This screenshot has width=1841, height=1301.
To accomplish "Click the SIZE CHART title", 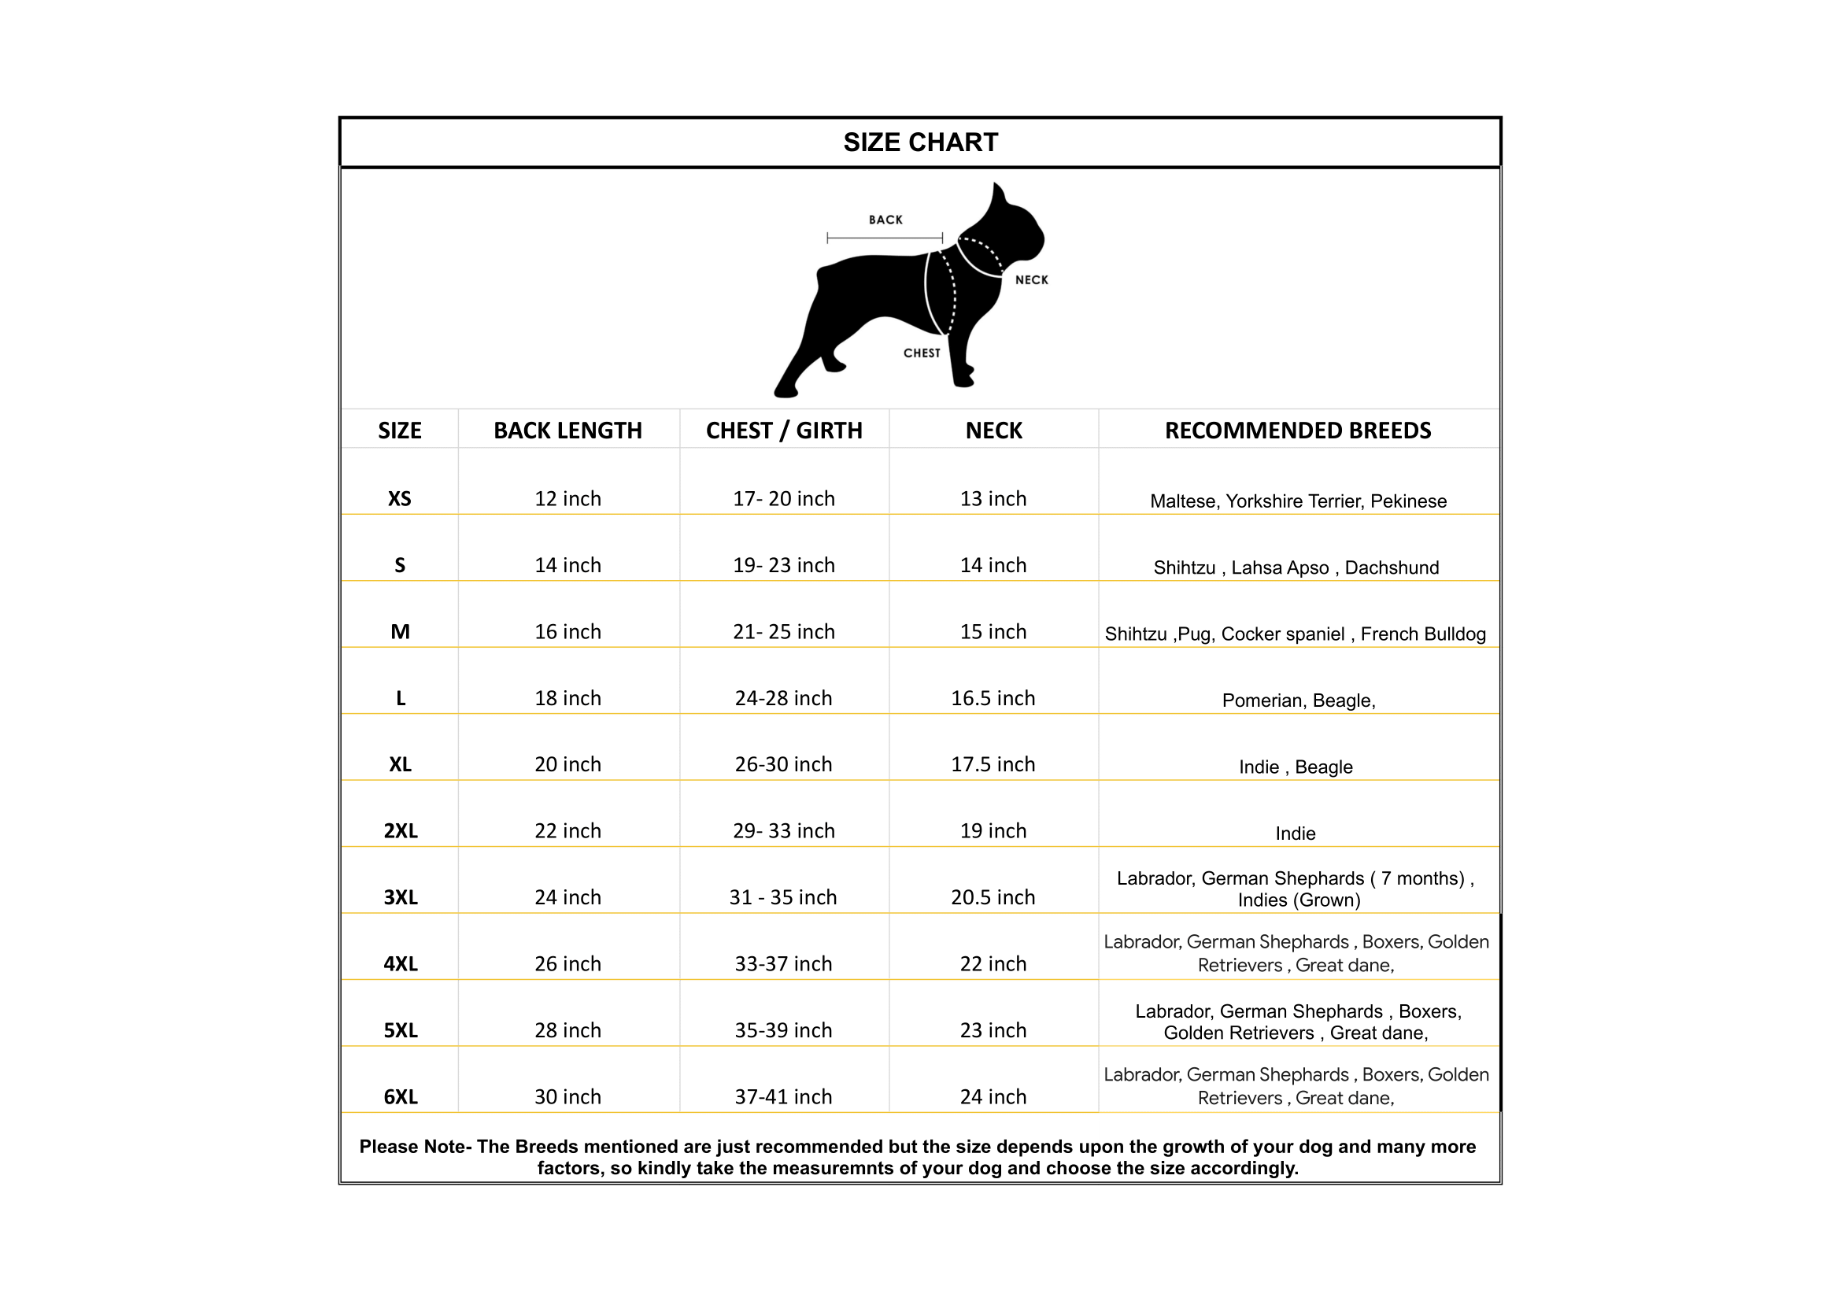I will [x=921, y=142].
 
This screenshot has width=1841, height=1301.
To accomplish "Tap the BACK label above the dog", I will [x=885, y=220].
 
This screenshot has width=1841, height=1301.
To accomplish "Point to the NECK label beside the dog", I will [x=1031, y=279].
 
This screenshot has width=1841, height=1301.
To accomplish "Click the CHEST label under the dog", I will [x=922, y=353].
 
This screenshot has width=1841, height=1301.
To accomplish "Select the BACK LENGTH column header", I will [x=567, y=431].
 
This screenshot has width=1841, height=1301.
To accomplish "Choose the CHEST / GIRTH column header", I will [x=783, y=431].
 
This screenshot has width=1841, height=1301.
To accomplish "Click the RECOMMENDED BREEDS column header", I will [x=1297, y=431].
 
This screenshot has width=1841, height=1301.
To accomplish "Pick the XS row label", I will [x=399, y=498].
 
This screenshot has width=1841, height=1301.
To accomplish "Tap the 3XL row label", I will [x=400, y=897].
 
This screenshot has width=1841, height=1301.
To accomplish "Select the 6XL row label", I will [x=400, y=1096].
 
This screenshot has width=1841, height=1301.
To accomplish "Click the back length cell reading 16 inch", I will [x=567, y=632].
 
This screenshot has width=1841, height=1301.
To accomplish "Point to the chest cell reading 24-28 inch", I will [x=783, y=698].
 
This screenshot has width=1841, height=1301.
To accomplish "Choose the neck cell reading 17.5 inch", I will [x=993, y=764].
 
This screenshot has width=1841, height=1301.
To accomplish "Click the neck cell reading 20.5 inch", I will [x=993, y=897].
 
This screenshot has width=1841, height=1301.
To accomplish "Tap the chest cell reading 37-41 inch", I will [x=783, y=1096].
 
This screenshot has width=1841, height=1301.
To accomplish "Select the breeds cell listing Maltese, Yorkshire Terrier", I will [x=1297, y=501].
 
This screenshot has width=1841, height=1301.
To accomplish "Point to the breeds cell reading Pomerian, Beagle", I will [x=1298, y=700].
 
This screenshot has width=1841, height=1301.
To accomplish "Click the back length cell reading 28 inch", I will [x=567, y=1030].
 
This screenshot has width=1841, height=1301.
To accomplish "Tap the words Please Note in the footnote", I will [x=412, y=1146].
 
